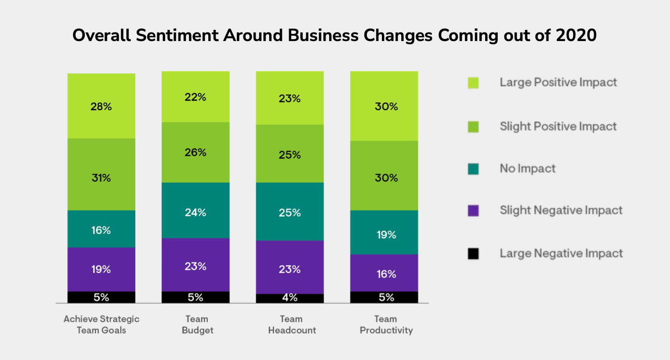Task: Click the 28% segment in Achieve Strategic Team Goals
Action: click(101, 106)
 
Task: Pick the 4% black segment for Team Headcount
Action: click(289, 298)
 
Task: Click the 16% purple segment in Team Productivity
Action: click(384, 273)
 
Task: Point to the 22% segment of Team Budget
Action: click(195, 97)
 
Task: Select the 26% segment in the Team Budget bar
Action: click(195, 152)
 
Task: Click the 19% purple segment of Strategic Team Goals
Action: click(101, 269)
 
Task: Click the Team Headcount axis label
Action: click(292, 325)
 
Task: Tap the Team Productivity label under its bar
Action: click(386, 325)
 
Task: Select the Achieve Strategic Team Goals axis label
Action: click(101, 325)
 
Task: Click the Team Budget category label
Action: click(197, 325)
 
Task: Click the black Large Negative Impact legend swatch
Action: click(473, 254)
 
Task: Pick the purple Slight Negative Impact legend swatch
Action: click(473, 211)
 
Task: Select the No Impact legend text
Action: click(528, 169)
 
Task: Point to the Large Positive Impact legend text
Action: click(558, 83)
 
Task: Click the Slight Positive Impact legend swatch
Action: click(473, 127)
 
